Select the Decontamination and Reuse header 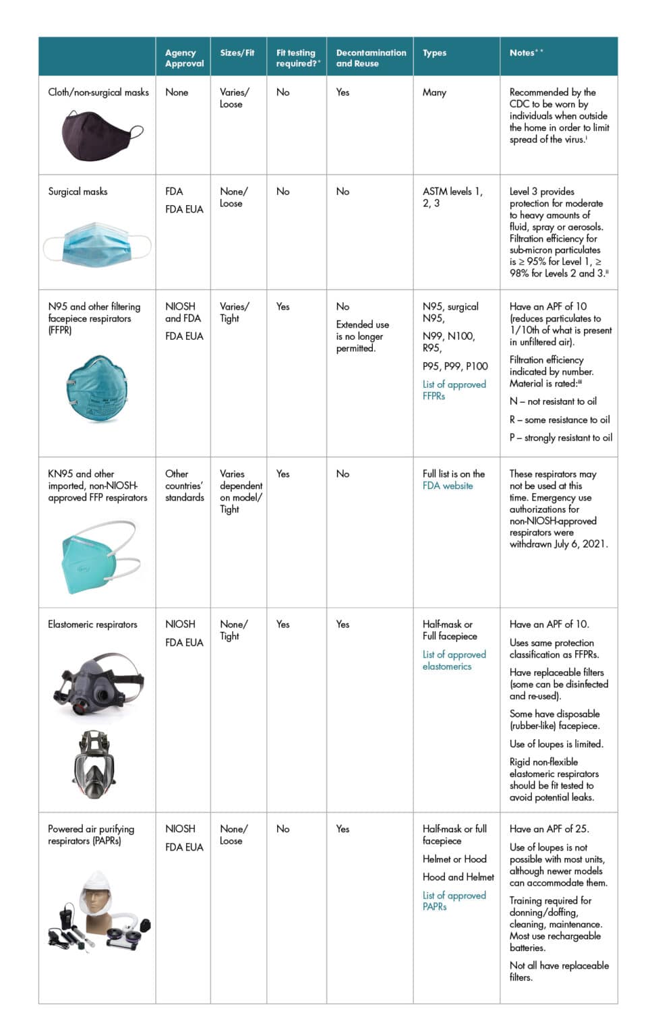pos(370,57)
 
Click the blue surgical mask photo pos(97,246)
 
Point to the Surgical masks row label pos(78,192)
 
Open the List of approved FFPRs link pos(454,390)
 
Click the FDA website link pos(448,486)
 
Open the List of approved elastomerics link pos(454,660)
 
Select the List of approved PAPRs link pos(454,901)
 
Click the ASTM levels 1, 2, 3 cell pos(452,197)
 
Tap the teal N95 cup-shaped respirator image pos(96,389)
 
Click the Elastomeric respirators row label pos(92,625)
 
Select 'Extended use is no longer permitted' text pos(363,336)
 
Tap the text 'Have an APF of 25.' pos(549,829)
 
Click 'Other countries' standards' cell pos(184,486)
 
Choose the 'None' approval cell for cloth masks pos(177,92)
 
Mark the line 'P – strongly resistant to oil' pos(561,438)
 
